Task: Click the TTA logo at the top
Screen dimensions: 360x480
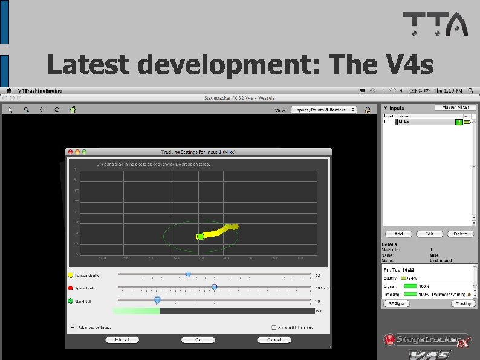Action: coord(435,24)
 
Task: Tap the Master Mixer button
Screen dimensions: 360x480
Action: coord(455,107)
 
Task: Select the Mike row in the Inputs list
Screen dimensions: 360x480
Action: coord(423,122)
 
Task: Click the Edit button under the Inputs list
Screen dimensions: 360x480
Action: coord(429,234)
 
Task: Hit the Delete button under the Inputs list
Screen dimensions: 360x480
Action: coord(459,234)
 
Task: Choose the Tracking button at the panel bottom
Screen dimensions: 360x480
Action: coord(463,303)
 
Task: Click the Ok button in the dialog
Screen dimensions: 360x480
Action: coord(198,340)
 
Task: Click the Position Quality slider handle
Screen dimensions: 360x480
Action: coord(188,274)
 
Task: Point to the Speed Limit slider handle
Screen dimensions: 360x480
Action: coord(214,287)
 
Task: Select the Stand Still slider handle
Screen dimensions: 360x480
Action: coord(157,299)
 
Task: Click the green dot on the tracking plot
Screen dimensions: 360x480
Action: coord(200,237)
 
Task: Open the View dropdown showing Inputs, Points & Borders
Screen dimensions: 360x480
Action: coord(324,110)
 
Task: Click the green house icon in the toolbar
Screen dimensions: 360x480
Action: coord(73,110)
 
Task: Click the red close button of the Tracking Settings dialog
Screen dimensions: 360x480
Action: coord(70,151)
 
